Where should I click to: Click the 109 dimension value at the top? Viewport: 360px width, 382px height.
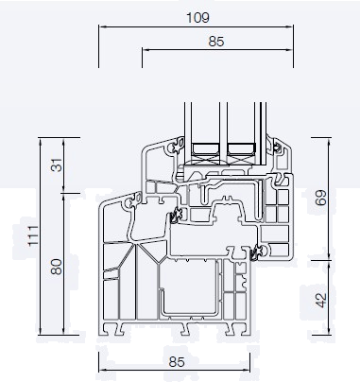pyautogui.click(x=197, y=17)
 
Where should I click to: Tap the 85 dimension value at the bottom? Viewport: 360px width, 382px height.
pyautogui.click(x=175, y=360)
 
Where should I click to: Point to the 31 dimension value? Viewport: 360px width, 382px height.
pyautogui.click(x=56, y=165)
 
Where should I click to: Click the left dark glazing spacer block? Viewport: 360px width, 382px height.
pyautogui.click(x=206, y=148)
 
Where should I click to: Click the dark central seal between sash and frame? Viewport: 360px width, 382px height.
pyautogui.click(x=173, y=218)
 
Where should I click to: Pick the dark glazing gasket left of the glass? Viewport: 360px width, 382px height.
pyautogui.click(x=176, y=147)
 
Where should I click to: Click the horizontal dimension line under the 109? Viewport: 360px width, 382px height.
pyautogui.click(x=197, y=27)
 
